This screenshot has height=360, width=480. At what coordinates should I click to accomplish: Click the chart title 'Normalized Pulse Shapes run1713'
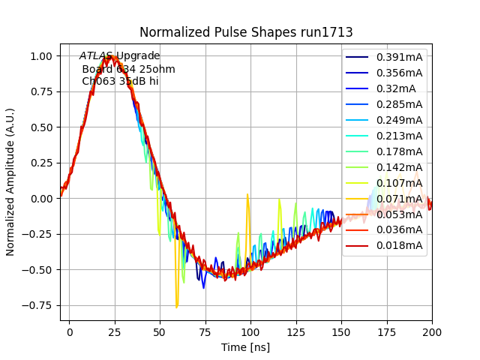247,32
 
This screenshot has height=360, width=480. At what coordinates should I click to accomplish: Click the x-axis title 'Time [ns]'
245,347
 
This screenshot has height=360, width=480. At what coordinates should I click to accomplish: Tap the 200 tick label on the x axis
432,331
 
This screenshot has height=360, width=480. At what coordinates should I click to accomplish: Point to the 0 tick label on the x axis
70,331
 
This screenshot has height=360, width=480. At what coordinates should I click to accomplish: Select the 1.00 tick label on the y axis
41,56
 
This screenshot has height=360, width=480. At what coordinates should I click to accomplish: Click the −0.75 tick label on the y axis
38,305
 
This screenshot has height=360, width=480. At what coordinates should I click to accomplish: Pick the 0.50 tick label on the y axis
41,127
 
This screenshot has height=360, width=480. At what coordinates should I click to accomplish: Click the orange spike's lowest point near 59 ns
177,307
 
